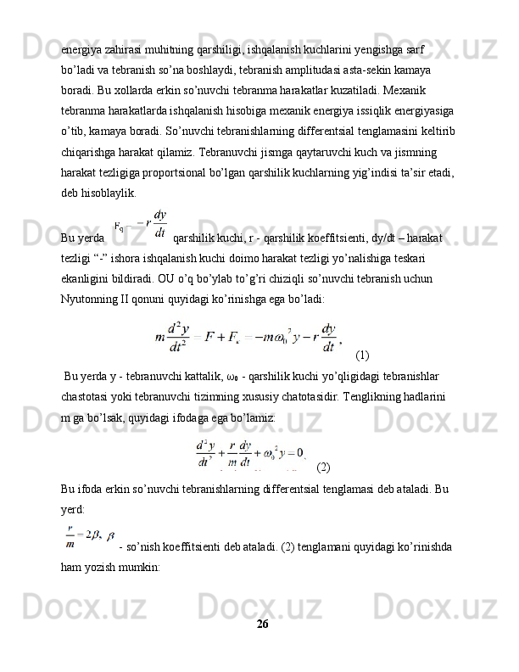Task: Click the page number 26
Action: coord(262,624)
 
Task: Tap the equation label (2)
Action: coord(323,467)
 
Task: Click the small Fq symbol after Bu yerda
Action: coord(120,227)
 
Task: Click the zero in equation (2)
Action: coord(299,451)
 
